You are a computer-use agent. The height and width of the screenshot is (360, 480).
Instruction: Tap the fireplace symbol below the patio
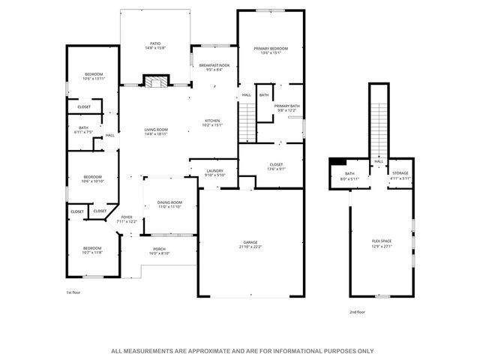click(x=155, y=81)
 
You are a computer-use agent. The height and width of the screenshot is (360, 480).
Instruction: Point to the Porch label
click(x=159, y=251)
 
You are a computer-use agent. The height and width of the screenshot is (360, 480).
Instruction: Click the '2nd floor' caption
click(x=357, y=311)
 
